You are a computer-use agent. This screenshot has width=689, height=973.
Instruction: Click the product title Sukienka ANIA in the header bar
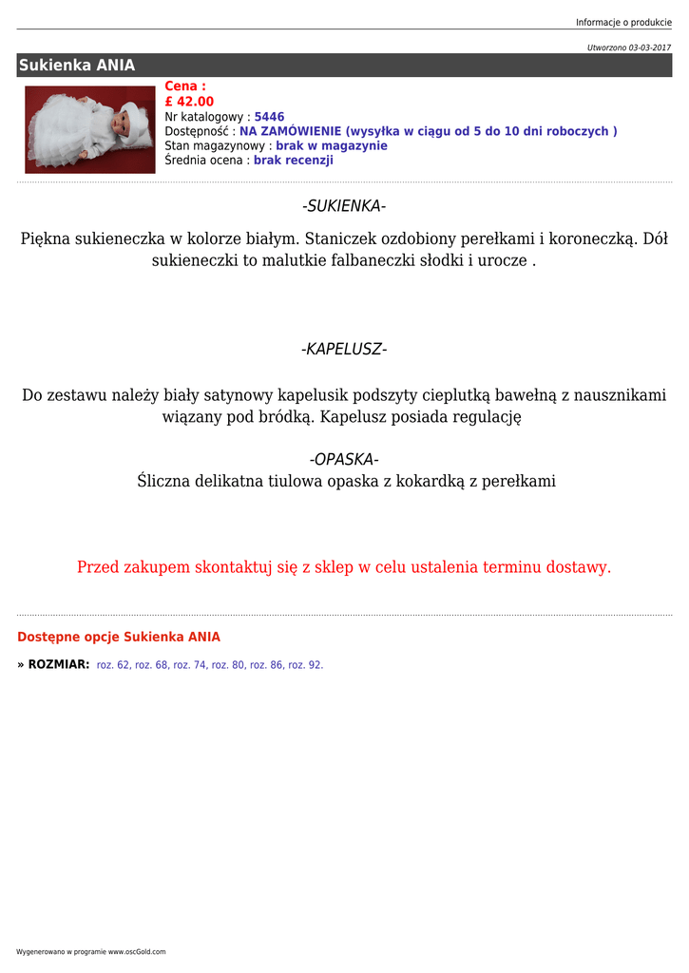(77, 66)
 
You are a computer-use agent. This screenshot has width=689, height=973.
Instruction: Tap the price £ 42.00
(189, 102)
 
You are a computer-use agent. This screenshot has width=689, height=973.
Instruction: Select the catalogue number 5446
(269, 117)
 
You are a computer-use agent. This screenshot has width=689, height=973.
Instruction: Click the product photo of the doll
(90, 129)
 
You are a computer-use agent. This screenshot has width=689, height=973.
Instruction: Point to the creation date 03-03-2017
(649, 47)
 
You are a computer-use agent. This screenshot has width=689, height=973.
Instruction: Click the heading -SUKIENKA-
(344, 207)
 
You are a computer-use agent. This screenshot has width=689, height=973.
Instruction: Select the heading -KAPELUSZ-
(344, 350)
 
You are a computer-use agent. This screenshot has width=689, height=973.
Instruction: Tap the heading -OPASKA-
(344, 460)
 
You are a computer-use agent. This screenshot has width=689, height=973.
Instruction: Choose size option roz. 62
(113, 665)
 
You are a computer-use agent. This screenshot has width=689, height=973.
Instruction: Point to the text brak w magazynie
(332, 146)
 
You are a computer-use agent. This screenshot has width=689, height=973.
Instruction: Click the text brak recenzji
(294, 161)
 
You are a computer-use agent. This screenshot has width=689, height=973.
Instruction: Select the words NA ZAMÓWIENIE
(290, 131)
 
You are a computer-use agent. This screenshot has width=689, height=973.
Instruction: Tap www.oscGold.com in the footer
(137, 951)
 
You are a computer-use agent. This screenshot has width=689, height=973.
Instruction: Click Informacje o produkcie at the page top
(623, 22)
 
